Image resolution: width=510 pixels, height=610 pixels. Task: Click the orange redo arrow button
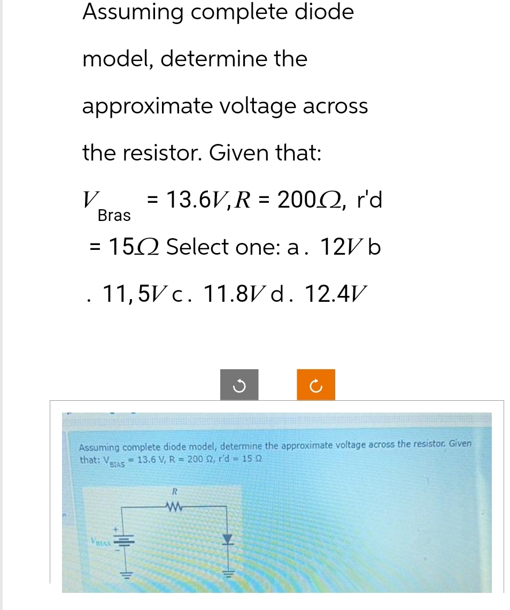click(x=316, y=384)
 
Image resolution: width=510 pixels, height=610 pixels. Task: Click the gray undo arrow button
click(x=239, y=384)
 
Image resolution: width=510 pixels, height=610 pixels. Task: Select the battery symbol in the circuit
click(x=124, y=541)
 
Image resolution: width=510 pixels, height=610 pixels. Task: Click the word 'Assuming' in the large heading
click(x=134, y=12)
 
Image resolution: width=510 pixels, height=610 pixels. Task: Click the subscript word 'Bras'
click(x=114, y=216)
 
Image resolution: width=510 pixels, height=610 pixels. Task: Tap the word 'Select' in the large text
click(x=203, y=247)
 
